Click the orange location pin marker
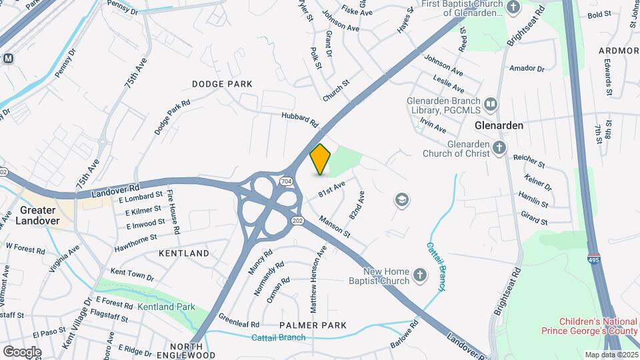[321, 159]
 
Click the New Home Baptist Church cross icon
[419, 275]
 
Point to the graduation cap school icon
[401, 199]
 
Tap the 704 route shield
[286, 181]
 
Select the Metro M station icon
[9, 58]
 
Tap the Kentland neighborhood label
[184, 253]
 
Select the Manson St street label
[334, 226]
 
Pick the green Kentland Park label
[166, 307]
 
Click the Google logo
[22, 352]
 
